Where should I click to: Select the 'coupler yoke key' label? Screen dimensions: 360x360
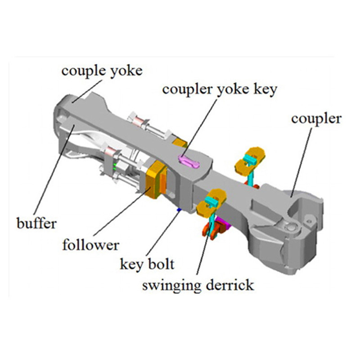[220, 89]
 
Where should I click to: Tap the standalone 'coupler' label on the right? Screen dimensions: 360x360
[316, 119]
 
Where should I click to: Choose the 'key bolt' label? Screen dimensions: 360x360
[146, 264]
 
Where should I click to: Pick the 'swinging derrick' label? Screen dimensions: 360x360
[198, 285]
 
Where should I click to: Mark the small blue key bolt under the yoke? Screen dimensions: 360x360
[179, 209]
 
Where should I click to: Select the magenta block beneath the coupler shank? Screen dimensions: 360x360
[221, 222]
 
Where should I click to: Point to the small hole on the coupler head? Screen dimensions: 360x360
[309, 219]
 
